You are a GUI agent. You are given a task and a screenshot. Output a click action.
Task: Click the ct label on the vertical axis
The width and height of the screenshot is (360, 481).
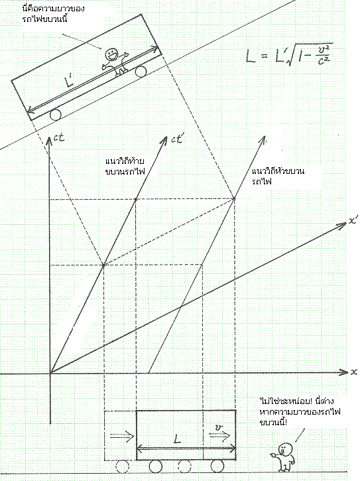coord(59,138)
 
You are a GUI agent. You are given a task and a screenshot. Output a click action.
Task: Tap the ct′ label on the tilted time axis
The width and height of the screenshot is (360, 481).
coord(177,139)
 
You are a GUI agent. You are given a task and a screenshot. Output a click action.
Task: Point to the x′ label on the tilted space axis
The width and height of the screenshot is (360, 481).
coord(353,221)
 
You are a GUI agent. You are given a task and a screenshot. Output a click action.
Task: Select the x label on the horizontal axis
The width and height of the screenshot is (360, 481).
coord(354,372)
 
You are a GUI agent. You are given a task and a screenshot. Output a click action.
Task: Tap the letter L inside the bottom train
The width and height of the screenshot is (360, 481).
coord(177,440)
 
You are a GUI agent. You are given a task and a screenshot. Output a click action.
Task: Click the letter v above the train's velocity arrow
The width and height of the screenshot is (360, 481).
coord(218,428)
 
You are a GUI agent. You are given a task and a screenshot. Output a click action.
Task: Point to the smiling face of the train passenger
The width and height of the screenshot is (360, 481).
coord(111,55)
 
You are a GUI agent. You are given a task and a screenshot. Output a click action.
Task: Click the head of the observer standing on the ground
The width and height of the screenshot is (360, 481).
coord(286,449)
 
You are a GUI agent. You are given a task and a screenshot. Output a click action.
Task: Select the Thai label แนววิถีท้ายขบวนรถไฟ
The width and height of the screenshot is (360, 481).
coord(125,166)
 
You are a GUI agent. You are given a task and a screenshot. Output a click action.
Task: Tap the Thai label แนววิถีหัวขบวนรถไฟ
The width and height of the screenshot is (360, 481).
coord(278,176)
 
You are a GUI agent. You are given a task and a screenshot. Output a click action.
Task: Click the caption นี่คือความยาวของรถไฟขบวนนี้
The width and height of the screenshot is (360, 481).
coord(53,13)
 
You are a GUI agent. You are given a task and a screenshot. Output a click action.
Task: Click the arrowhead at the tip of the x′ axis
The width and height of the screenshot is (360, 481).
coord(343,226)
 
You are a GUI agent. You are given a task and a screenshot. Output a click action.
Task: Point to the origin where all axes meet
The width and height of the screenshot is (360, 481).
coord(50,373)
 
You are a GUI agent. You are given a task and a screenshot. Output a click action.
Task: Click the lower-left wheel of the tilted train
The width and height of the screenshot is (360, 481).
coord(56,115)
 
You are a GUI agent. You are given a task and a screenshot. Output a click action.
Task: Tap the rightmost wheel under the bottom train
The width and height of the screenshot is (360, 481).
coord(217,466)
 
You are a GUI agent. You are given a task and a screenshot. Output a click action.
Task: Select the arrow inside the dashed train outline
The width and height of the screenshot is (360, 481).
coord(122,436)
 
